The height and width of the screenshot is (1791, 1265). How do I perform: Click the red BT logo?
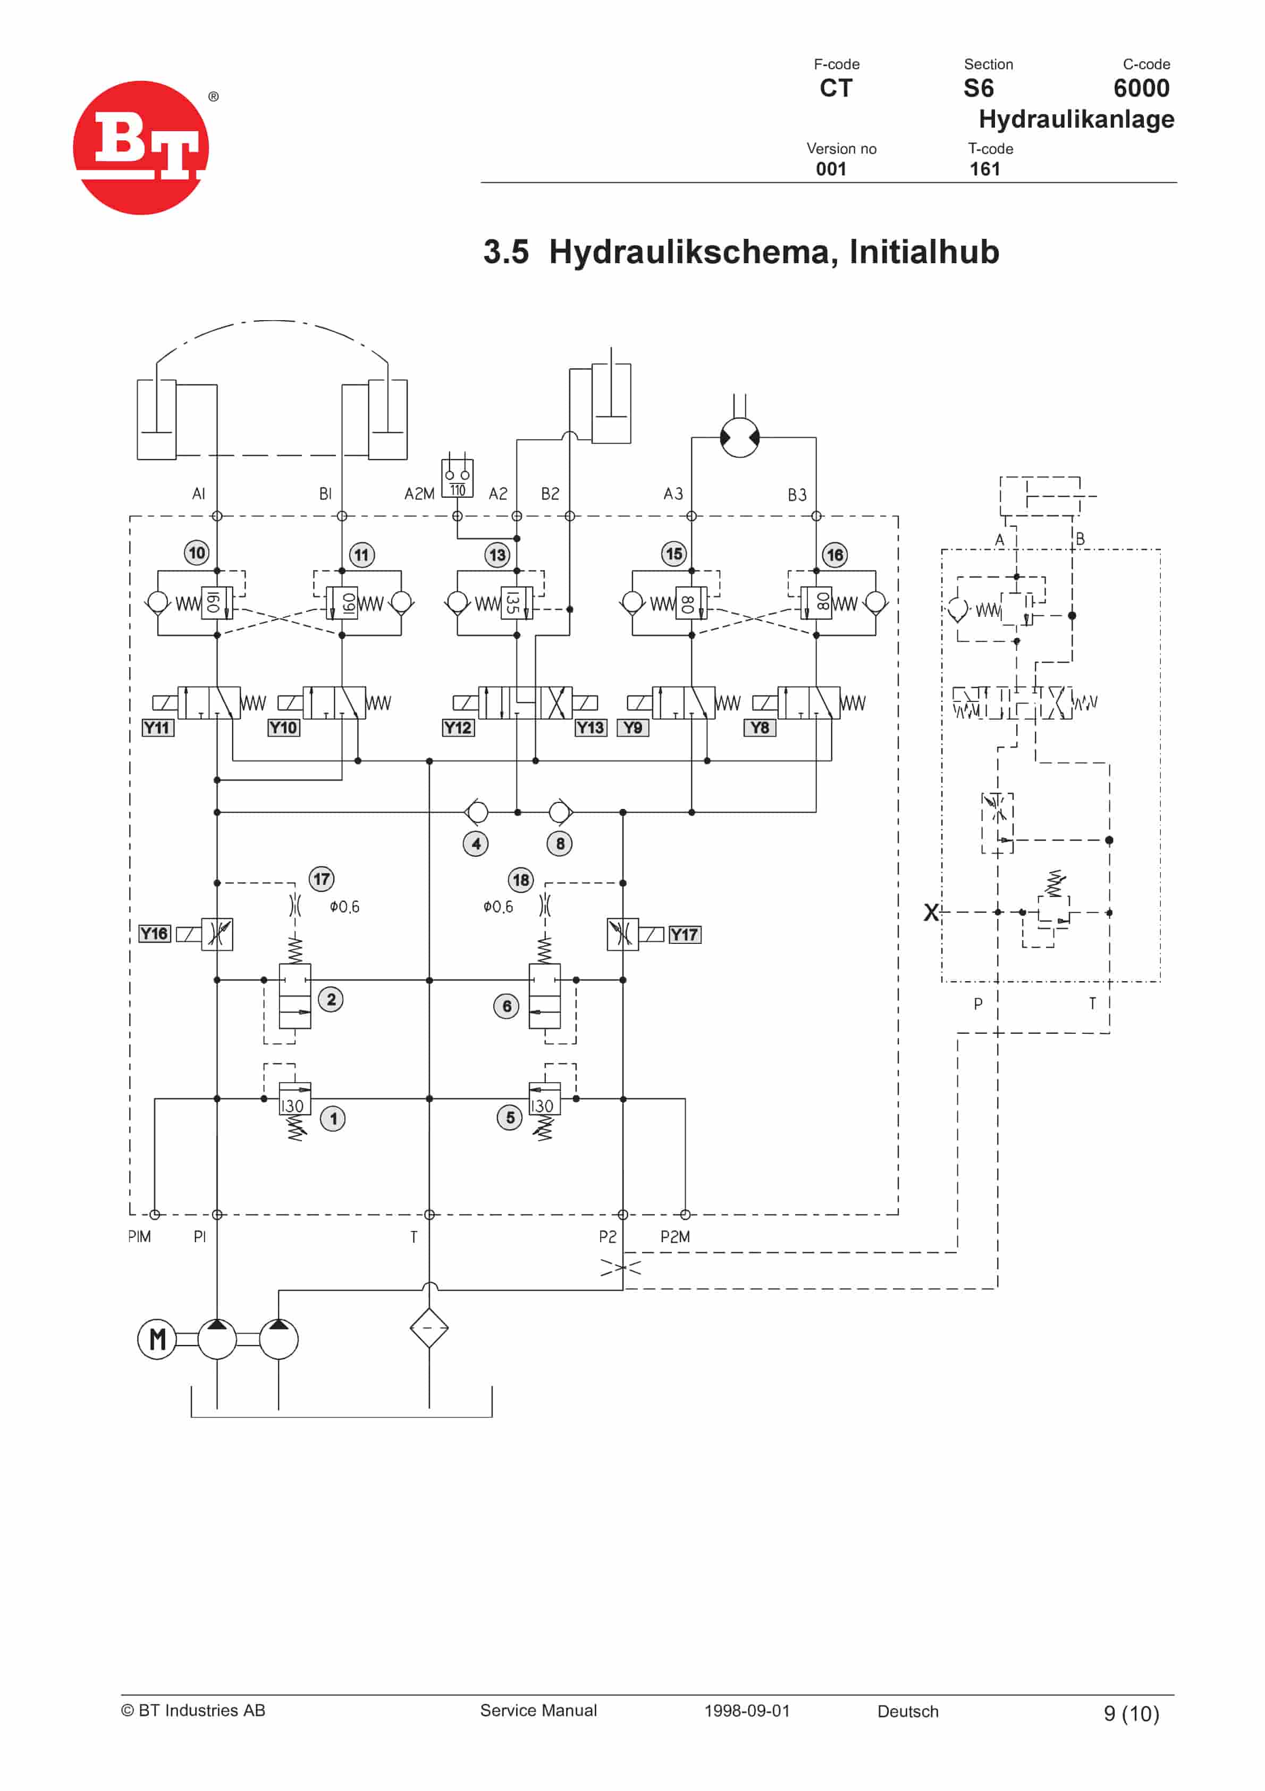point(141,147)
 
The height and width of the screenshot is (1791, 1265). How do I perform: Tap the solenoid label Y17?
point(684,934)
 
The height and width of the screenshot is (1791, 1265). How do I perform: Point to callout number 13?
point(497,555)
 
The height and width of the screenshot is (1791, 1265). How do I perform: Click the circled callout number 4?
point(476,843)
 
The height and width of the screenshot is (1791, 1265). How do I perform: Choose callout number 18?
point(520,880)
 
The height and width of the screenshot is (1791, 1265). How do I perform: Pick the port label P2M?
point(674,1236)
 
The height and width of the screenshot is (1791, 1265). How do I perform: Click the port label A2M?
point(419,494)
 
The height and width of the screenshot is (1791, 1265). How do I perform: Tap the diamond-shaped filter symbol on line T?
point(429,1328)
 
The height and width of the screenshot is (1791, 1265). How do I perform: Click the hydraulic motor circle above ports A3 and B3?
point(739,438)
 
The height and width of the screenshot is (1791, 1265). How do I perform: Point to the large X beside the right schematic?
point(931,912)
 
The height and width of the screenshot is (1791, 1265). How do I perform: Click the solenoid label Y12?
point(458,728)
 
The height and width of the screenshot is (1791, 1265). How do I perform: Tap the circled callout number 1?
point(333,1119)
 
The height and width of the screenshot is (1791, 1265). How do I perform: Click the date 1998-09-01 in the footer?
point(746,1711)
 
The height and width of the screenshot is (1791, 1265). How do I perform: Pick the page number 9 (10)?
point(1131,1713)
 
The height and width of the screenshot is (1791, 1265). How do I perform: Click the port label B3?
point(796,495)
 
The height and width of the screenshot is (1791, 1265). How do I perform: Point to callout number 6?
point(506,1006)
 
